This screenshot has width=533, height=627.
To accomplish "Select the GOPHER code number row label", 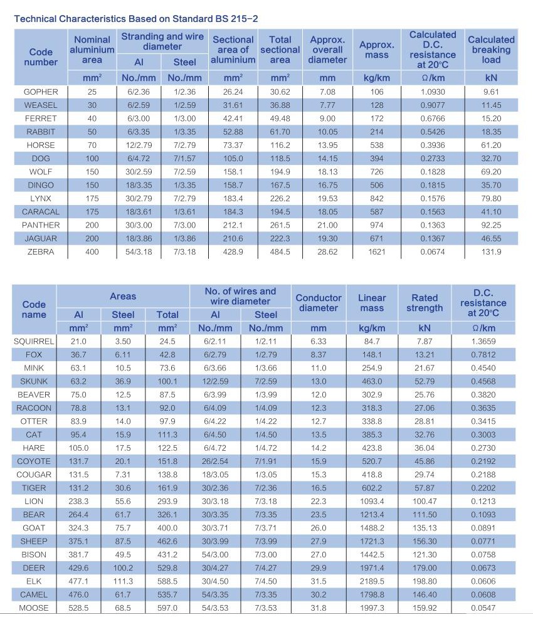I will (41, 92).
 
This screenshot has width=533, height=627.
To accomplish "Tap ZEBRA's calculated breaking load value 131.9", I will (491, 252).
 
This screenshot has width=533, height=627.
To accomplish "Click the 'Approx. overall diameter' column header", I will (327, 50).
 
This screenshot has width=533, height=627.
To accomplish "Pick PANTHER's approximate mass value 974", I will (376, 225).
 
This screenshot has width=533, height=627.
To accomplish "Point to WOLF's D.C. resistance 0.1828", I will (433, 172).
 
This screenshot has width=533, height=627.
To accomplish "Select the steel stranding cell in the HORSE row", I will (184, 145).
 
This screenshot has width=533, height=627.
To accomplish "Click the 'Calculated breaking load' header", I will (491, 50).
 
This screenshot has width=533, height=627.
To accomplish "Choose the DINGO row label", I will (41, 186).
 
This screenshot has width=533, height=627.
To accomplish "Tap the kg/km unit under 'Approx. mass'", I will (376, 78).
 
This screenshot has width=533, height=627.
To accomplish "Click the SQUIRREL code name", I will (34, 342).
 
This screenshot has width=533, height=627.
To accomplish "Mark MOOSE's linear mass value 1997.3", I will (372, 608).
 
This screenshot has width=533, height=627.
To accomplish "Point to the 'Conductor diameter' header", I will (319, 303).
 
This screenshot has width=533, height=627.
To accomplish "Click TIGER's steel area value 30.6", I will (123, 488).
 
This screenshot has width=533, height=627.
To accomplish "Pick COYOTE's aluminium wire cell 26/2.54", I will (215, 461).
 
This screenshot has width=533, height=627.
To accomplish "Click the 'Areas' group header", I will (123, 297).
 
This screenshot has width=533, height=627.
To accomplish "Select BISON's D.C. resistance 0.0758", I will (483, 555).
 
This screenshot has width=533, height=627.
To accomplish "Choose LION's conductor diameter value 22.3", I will (319, 502).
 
